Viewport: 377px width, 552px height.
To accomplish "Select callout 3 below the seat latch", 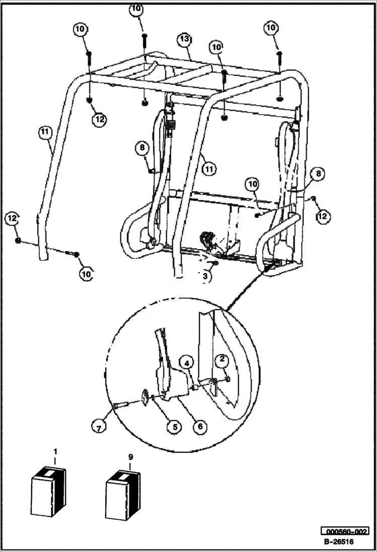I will pyautogui.click(x=204, y=276).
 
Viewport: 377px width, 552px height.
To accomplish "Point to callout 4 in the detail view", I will pyautogui.click(x=187, y=363).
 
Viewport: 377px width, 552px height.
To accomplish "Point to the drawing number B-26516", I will pyautogui.click(x=338, y=542).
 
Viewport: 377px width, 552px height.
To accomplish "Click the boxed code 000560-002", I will pyautogui.click(x=345, y=531).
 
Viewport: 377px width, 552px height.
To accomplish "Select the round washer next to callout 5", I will pyautogui.click(x=146, y=398).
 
